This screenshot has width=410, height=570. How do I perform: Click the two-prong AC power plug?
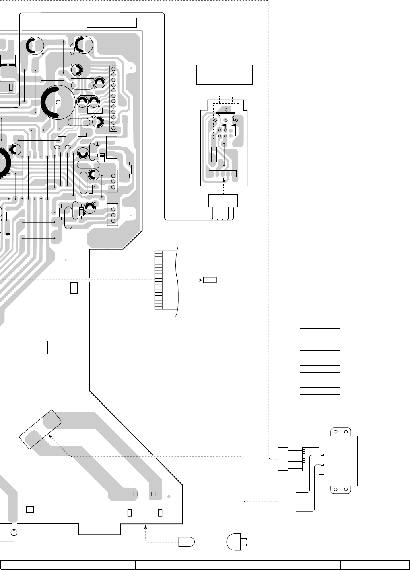pyautogui.click(x=235, y=542)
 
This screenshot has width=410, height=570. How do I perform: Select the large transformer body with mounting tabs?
pyautogui.click(x=340, y=461)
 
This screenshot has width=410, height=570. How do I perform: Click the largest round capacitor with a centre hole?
pyautogui.click(x=58, y=102)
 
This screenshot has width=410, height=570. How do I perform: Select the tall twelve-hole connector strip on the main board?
pyautogui.click(x=113, y=99)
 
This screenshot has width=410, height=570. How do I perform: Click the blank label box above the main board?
pyautogui.click(x=112, y=23)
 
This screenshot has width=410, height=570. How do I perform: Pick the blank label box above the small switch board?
pyautogui.click(x=224, y=75)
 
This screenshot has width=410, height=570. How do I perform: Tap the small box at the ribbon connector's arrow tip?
pyautogui.click(x=210, y=280)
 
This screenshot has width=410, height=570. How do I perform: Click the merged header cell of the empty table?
pyautogui.click(x=320, y=323)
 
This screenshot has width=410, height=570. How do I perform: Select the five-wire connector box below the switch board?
pyautogui.click(x=223, y=201)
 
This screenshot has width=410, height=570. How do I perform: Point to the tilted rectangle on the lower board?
pyautogui.click(x=40, y=429)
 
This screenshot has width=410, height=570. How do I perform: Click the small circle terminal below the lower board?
pyautogui.click(x=14, y=533)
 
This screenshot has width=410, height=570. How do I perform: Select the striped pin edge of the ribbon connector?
pyautogui.click(x=158, y=280)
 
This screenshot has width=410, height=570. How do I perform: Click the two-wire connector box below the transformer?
pyautogui.click(x=287, y=502)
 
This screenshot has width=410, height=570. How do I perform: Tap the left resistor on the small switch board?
pyautogui.click(x=214, y=154)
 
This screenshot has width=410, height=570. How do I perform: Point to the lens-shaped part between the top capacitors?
pyautogui.click(x=72, y=49)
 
